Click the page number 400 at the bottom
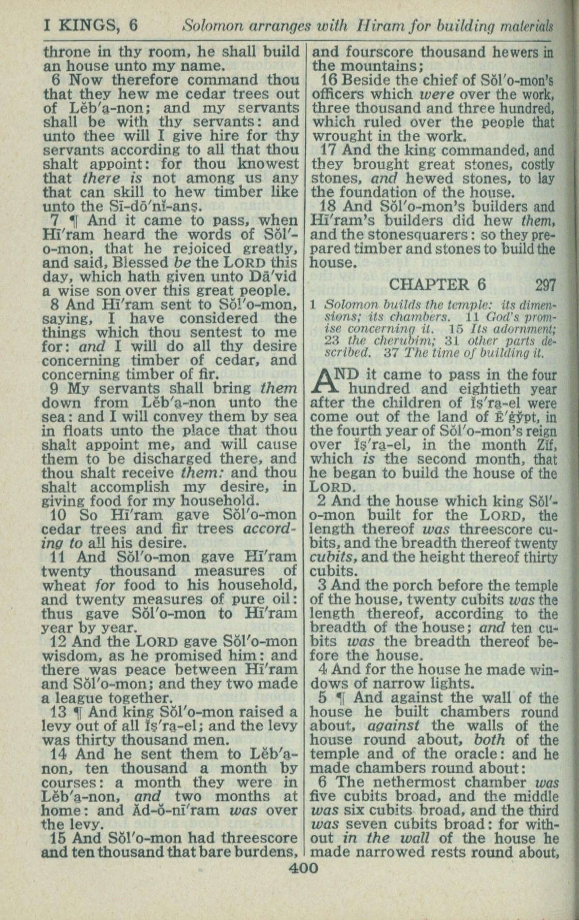[x=304, y=867]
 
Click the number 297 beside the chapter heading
[x=546, y=285]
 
